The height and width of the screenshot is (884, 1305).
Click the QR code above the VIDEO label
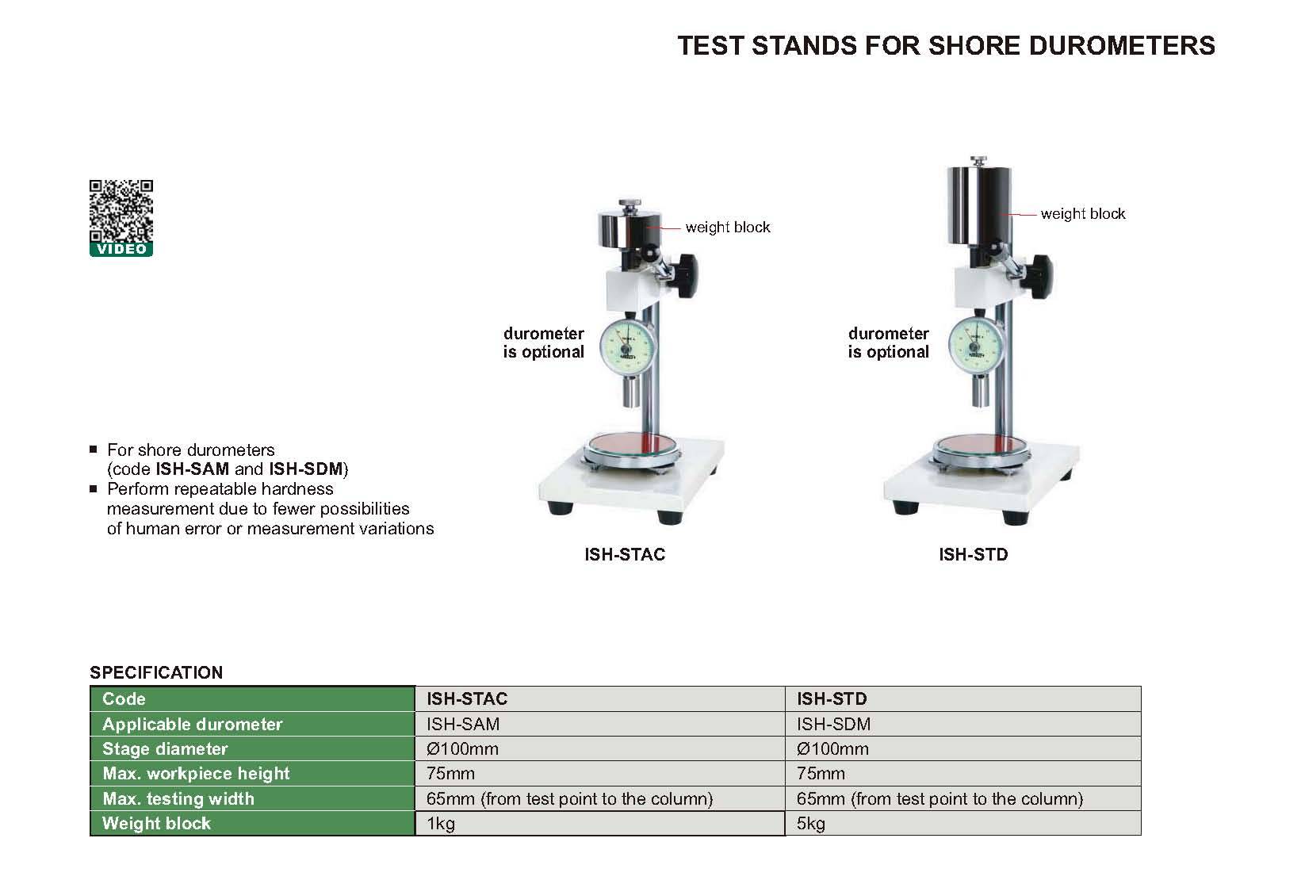tap(121, 211)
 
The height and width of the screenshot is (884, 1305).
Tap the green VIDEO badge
tap(121, 250)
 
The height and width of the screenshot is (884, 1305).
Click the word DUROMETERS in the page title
tap(1122, 45)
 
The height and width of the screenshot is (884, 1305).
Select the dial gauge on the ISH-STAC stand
tap(627, 347)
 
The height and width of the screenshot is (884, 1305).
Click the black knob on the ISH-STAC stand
tap(685, 274)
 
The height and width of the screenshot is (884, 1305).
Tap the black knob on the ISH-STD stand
tap(1040, 276)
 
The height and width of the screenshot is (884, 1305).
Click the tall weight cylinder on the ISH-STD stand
tap(978, 205)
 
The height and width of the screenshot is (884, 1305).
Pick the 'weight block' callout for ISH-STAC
tap(728, 228)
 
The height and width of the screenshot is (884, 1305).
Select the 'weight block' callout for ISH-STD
tap(1083, 214)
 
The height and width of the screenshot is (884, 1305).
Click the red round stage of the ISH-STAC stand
tap(632, 446)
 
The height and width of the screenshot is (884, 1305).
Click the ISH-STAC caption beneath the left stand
tap(625, 554)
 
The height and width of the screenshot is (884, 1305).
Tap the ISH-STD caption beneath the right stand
tap(973, 554)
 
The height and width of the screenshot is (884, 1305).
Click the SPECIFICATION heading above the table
tap(156, 672)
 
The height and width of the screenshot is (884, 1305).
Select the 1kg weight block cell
tap(600, 824)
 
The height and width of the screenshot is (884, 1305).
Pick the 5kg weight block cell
tap(963, 824)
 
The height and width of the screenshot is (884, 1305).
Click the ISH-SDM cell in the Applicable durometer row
tap(963, 724)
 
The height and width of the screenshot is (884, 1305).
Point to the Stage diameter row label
tap(165, 748)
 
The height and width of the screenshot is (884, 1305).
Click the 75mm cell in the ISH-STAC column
tap(600, 773)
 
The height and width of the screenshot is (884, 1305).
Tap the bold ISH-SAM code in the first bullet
tap(192, 469)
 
